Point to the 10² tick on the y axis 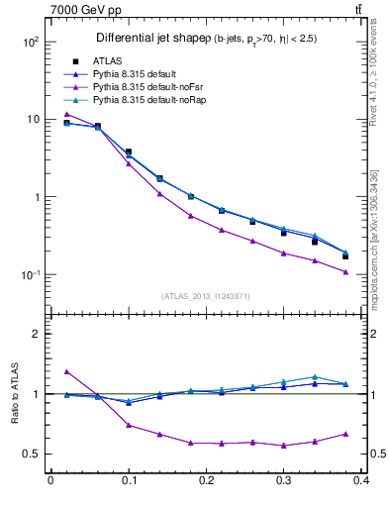[31, 43]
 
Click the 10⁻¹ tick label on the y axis [31, 274]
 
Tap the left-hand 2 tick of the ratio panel [37, 334]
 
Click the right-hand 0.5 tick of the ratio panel [372, 455]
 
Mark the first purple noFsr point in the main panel [66, 114]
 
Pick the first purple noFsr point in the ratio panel [66, 371]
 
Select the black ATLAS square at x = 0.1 [129, 152]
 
